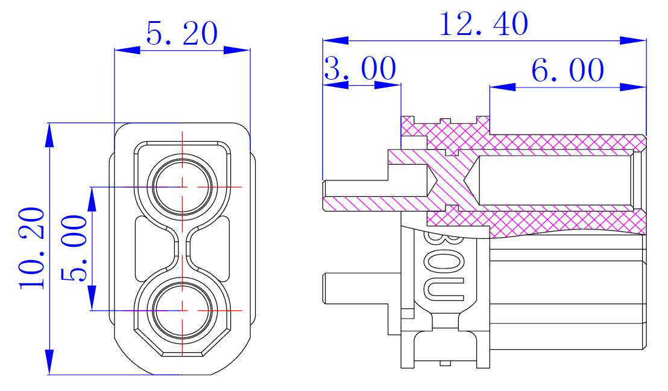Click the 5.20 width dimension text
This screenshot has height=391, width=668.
click(x=181, y=34)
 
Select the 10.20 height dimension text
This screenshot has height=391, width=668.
click(x=32, y=248)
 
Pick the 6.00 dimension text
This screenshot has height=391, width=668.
click(x=567, y=71)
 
